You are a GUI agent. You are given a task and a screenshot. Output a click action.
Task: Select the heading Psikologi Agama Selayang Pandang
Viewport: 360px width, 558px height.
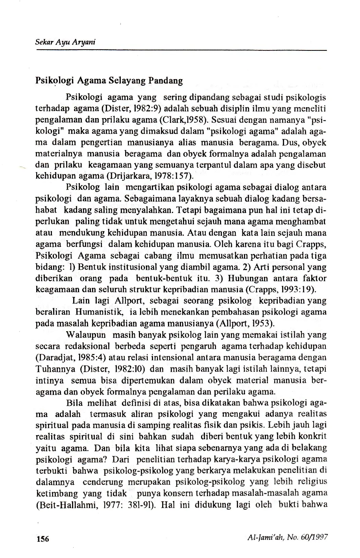point(109,81)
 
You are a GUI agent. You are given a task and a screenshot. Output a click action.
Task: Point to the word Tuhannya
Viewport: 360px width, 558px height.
point(55,369)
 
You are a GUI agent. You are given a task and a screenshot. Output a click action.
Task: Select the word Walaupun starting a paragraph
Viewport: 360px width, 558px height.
point(87,335)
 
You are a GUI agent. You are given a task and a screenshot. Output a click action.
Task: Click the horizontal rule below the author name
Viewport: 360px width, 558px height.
point(181,50)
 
